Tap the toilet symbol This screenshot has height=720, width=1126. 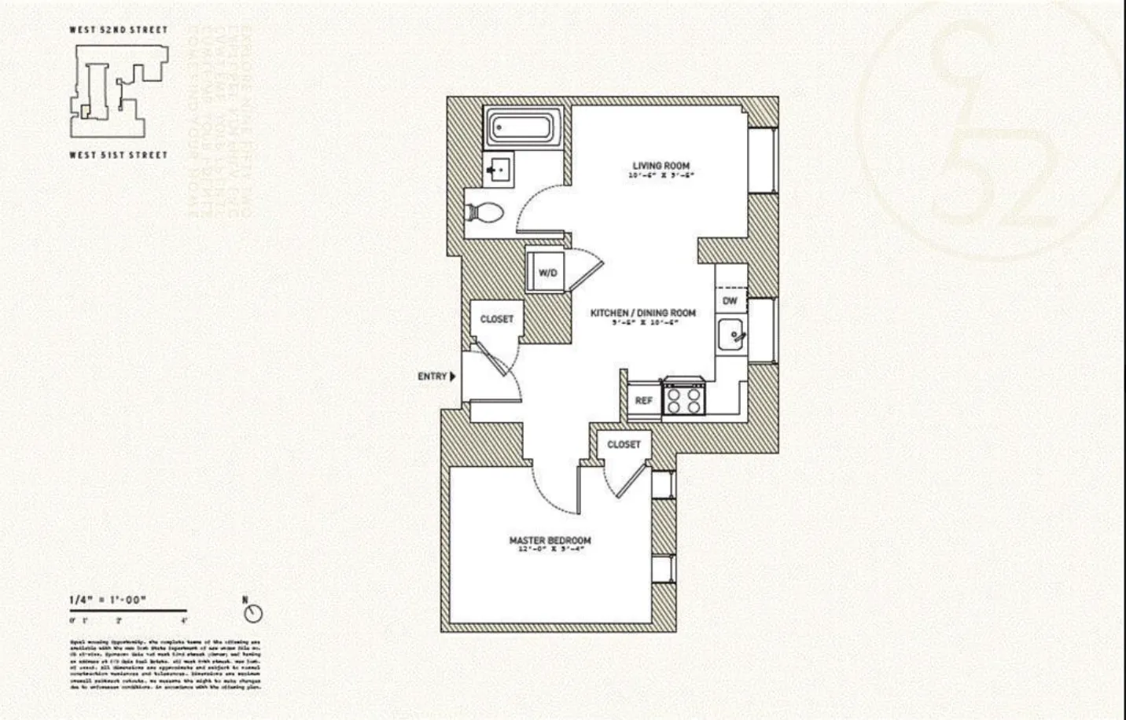485,212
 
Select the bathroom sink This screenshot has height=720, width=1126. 499,169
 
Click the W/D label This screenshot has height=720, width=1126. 548,273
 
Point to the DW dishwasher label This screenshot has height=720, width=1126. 730,301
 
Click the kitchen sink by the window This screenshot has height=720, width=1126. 732,336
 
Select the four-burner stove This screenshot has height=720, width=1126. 683,398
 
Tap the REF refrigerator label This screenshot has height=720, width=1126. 643,401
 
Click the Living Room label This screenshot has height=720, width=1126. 661,166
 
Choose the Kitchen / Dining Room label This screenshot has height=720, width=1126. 642,313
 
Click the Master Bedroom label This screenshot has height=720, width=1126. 550,541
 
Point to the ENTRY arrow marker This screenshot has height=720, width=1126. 452,377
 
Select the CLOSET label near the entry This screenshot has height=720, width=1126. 496,319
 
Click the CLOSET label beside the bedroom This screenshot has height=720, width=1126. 624,445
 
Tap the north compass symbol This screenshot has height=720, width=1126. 253,613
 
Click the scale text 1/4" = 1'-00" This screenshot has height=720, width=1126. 109,601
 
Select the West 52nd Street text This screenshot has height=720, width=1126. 118,30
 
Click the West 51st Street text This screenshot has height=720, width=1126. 118,155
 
